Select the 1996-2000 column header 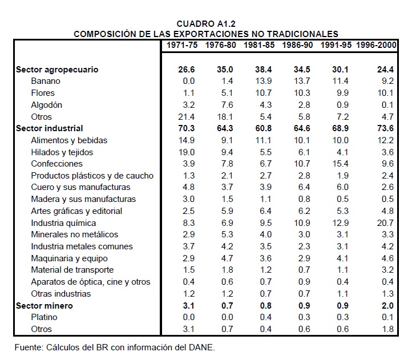(377, 45)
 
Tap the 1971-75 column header (181, 45)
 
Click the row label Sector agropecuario (57, 69)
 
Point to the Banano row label (46, 81)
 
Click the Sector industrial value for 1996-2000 (386, 128)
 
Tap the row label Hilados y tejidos (62, 152)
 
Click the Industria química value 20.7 (386, 223)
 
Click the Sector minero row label (45, 305)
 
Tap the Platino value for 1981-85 (265, 317)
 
